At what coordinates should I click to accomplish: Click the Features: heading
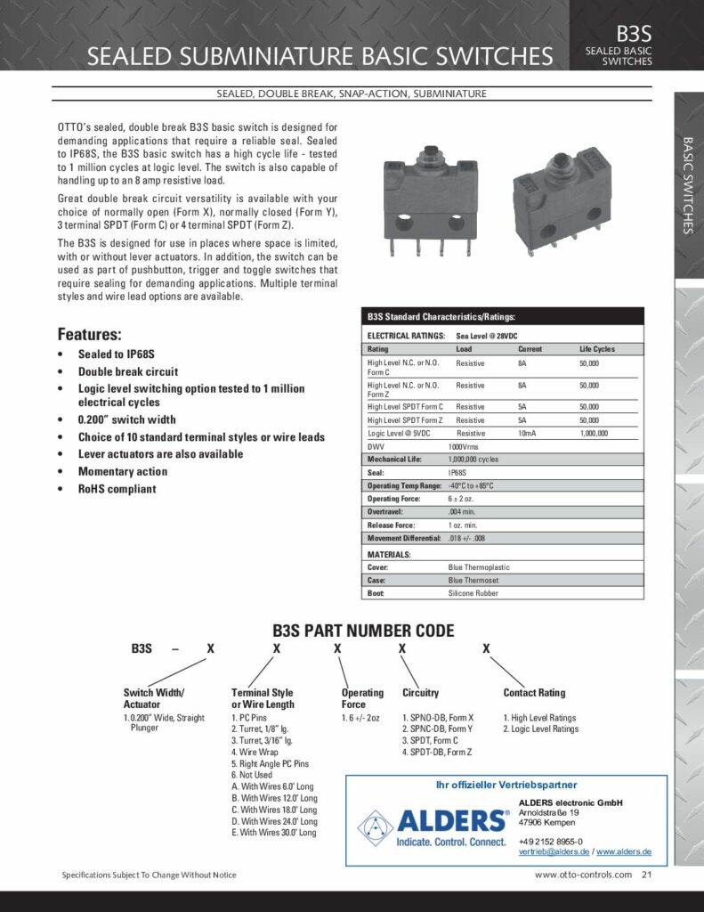(89, 335)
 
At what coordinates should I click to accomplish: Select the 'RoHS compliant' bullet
(117, 489)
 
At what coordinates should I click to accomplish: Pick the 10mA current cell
(529, 433)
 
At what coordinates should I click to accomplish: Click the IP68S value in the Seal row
(457, 473)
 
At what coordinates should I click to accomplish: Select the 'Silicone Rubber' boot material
(473, 592)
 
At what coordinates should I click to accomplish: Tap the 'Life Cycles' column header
(596, 349)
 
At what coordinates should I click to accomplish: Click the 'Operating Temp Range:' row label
(403, 485)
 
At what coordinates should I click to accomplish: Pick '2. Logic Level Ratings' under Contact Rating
(541, 729)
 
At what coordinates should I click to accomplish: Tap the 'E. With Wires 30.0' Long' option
(273, 833)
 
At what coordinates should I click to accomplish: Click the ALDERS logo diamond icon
(375, 826)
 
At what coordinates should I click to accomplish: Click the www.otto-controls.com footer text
(583, 875)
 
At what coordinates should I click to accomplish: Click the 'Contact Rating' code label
(534, 693)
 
